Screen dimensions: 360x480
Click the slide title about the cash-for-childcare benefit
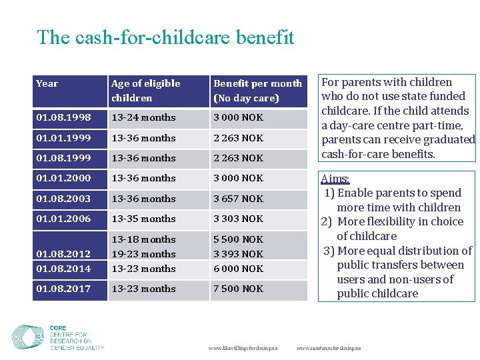[165, 37]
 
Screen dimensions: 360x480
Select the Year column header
[47, 83]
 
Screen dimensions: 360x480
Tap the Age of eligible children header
[145, 91]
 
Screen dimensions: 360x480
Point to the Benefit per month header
[257, 91]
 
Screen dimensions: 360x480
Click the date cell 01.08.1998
[63, 117]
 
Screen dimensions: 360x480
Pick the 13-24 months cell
[143, 117]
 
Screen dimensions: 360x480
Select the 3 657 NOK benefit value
[238, 199]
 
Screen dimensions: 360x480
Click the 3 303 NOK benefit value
[238, 219]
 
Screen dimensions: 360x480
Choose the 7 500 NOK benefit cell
[238, 289]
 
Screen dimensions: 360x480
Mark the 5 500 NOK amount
[238, 239]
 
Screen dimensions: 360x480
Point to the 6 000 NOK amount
[238, 269]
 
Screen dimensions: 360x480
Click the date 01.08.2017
[63, 289]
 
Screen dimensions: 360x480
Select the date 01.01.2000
[63, 178]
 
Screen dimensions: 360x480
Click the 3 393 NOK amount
[238, 254]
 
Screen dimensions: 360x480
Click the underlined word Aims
[335, 179]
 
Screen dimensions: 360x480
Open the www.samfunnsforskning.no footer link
[328, 348]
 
